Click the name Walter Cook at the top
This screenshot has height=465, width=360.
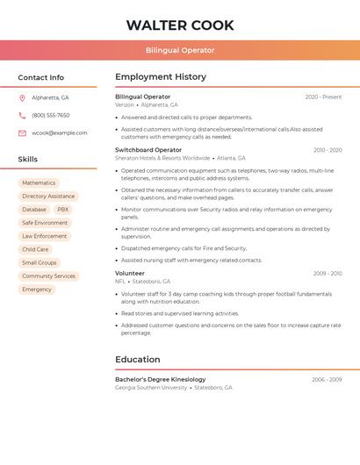click(x=180, y=25)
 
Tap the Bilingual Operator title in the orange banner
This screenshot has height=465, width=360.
click(x=180, y=50)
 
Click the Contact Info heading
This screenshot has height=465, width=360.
click(x=41, y=77)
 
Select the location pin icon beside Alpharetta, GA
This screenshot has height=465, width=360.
click(x=22, y=97)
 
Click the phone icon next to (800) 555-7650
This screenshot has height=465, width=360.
click(x=22, y=115)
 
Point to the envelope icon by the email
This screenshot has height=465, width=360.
click(x=22, y=133)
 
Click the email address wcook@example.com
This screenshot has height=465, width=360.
click(x=60, y=133)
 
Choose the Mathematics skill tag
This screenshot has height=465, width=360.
click(x=39, y=183)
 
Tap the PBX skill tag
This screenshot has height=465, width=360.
click(x=62, y=210)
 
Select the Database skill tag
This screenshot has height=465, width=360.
click(x=34, y=210)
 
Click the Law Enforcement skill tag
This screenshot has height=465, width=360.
click(x=45, y=236)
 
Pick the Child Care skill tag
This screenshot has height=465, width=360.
click(x=35, y=249)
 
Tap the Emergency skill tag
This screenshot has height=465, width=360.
click(x=37, y=289)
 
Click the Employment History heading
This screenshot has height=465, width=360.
click(x=161, y=77)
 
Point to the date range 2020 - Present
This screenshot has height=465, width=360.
click(x=323, y=97)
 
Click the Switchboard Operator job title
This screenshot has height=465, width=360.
click(x=148, y=150)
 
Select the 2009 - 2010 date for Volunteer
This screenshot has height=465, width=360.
click(x=328, y=274)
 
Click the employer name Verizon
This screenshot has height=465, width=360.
click(x=125, y=104)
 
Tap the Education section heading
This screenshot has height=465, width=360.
click(x=138, y=359)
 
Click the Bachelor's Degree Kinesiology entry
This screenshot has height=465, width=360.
click(x=161, y=379)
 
